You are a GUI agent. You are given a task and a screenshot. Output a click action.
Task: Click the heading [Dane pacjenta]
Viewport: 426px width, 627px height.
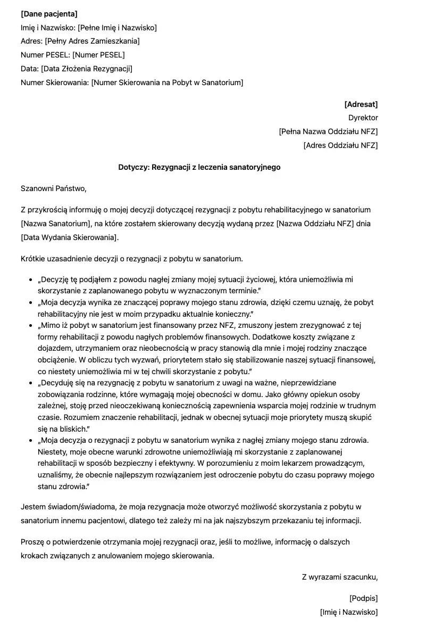click(49, 14)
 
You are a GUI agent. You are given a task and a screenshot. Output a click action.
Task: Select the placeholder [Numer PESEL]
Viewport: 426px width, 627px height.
click(98, 55)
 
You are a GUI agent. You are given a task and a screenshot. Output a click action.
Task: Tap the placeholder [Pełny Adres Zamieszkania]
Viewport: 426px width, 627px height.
click(93, 41)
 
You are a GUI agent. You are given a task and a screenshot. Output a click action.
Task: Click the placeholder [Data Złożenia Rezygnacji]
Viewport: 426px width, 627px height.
click(87, 69)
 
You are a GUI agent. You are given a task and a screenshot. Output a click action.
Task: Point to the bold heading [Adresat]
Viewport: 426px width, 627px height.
click(361, 104)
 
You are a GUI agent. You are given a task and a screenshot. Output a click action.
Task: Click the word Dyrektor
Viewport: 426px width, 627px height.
click(363, 118)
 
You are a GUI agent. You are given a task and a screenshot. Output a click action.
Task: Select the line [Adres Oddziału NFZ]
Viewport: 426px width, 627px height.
click(340, 145)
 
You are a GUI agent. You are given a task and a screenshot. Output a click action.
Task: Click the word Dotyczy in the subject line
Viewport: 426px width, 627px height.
click(133, 167)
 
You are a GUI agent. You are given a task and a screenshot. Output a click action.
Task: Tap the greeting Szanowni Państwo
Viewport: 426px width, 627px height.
click(53, 188)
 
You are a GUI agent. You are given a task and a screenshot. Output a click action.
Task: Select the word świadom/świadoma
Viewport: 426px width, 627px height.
click(82, 507)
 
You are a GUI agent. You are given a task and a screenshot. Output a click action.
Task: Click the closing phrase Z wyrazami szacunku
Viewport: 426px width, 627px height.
click(339, 576)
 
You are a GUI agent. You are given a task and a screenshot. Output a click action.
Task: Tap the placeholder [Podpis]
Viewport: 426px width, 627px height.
click(363, 598)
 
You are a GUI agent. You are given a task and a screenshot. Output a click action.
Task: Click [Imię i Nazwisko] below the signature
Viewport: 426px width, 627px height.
click(348, 612)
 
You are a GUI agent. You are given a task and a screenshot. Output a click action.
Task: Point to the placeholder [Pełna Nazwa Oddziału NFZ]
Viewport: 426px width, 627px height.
click(328, 131)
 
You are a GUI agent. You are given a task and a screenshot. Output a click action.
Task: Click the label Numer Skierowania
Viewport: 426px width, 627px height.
click(54, 82)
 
